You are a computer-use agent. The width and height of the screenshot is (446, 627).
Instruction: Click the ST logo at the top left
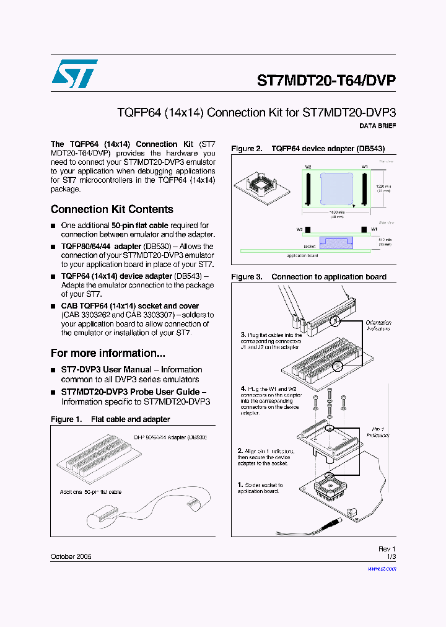point(74,74)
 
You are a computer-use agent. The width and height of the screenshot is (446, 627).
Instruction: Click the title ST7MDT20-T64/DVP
point(326,81)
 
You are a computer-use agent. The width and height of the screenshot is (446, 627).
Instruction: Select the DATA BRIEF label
point(377,126)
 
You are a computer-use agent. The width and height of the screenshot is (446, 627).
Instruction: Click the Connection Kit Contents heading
point(111,209)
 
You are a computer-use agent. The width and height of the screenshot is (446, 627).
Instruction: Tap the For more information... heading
point(108,353)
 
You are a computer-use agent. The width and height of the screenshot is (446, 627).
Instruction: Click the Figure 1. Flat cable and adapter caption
point(110,419)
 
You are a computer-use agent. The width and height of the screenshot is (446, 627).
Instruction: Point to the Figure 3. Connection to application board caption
point(308,277)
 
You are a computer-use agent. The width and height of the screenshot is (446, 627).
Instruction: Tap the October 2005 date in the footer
point(71,557)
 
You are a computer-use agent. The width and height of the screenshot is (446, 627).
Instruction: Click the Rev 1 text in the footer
point(387,549)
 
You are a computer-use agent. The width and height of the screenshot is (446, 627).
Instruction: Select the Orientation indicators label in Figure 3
point(378,325)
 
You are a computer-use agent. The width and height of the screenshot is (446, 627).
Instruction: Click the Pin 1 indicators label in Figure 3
point(378,432)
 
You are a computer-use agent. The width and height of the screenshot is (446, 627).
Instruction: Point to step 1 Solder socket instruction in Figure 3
point(260,488)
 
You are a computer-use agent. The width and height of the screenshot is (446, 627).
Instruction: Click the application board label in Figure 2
point(302,255)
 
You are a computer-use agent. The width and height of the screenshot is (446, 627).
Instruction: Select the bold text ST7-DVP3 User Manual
point(106,369)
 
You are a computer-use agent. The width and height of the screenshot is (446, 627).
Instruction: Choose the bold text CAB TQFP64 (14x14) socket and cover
point(130,306)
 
